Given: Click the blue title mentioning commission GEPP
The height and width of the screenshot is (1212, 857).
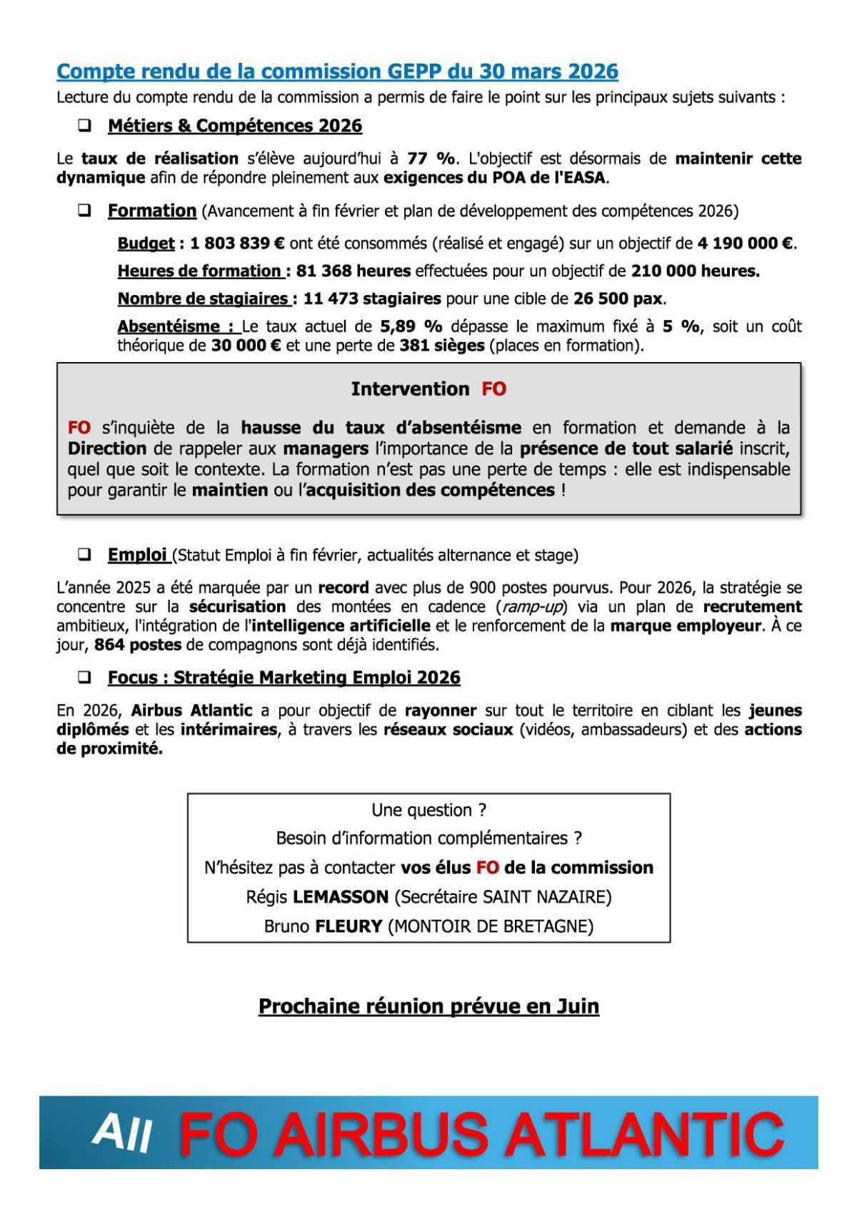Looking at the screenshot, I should tap(337, 71).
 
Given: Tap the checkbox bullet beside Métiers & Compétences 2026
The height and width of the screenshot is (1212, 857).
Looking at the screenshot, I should tap(84, 126).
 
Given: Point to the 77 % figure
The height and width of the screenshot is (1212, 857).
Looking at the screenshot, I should tap(431, 159).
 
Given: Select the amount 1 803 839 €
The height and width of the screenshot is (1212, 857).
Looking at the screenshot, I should tap(237, 244).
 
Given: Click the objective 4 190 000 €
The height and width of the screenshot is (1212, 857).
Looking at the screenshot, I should tap(745, 244).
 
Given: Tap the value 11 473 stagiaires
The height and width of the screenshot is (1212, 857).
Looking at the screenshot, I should tap(371, 299).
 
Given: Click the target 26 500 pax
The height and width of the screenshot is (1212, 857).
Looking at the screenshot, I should tap(618, 299).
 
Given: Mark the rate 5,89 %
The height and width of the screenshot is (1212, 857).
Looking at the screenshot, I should tap(411, 327).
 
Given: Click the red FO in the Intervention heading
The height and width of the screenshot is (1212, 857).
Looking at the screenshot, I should tap(493, 389).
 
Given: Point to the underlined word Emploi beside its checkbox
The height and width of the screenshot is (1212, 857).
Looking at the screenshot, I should tap(137, 555).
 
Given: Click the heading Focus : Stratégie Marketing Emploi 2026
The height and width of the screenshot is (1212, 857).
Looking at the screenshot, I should tap(284, 678).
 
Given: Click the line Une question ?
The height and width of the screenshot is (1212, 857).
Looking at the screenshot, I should tap(428, 811).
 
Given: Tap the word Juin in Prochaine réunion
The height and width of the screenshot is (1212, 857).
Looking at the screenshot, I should tap(577, 1007).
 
